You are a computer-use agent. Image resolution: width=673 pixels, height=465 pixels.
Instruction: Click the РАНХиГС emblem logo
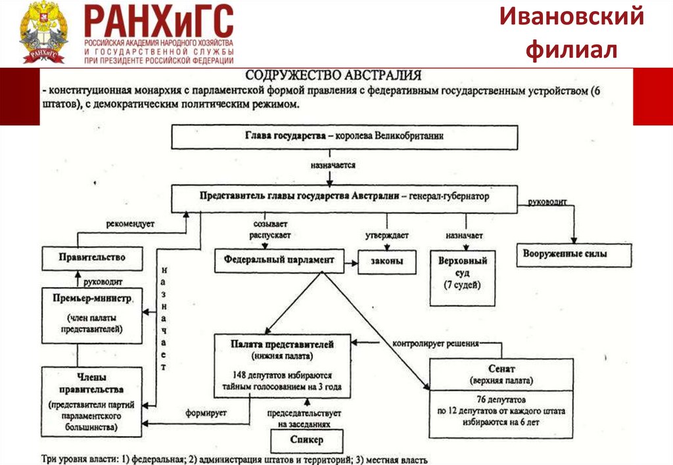coord(43,33)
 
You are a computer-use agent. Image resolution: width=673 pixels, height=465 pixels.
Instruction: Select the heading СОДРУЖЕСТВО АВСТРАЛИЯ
coord(333,75)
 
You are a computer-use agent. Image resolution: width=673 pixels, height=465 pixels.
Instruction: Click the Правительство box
coord(92,257)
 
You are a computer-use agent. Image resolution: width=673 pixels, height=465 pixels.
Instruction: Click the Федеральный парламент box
coord(279,260)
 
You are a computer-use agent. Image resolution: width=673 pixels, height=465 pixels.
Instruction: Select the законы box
coord(388,262)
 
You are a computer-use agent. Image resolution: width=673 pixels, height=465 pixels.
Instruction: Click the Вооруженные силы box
coord(574,254)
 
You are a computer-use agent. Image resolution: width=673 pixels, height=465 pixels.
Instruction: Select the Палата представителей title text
coord(283,344)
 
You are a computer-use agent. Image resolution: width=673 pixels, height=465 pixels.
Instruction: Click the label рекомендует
coord(130,224)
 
